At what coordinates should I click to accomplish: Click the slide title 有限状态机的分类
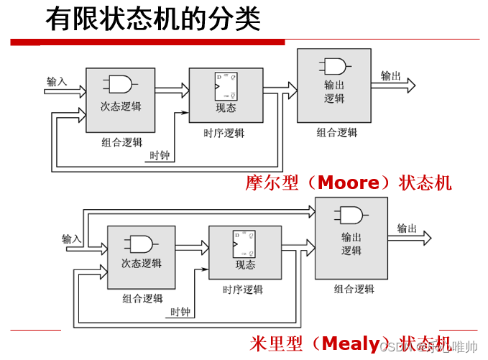pos(152,19)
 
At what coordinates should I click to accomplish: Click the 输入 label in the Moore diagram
pos(57,81)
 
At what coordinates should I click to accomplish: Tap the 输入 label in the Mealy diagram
pos(72,239)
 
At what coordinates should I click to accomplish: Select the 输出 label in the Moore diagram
pos(391,75)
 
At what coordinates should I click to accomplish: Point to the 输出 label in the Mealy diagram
pos(408,229)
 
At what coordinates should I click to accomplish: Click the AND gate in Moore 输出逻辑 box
pos(334,67)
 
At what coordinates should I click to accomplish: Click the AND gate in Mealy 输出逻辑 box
pos(351,216)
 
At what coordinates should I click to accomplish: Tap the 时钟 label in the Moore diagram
pos(160,155)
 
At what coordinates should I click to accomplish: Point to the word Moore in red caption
pos(348,183)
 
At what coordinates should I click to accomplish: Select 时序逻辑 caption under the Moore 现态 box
pos(224,133)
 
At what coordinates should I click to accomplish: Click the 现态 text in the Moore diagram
pos(226,109)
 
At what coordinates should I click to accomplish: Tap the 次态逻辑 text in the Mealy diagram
pos(141,264)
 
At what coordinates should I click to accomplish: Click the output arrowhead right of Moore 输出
pos(410,85)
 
